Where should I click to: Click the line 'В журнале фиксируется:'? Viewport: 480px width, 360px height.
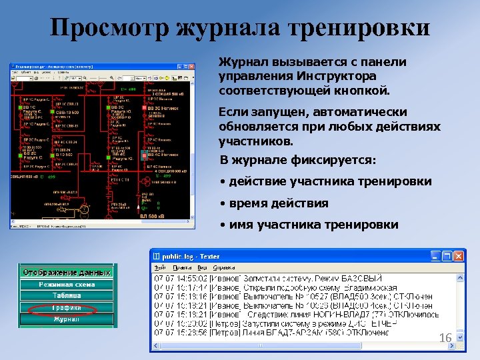pyautogui.click(x=298, y=161)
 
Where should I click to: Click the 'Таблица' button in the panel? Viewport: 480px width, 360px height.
pyautogui.click(x=67, y=296)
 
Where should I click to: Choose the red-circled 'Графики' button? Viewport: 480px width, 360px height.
pyautogui.click(x=67, y=307)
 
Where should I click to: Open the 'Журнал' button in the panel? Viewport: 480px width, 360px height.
pyautogui.click(x=67, y=319)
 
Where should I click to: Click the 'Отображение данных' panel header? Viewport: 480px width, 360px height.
pyautogui.click(x=67, y=273)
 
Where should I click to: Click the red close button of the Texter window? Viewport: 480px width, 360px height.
pyautogui.click(x=458, y=256)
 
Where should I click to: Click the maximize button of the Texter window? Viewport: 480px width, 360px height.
pyautogui.click(x=447, y=256)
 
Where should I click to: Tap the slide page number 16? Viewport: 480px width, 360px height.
pyautogui.click(x=445, y=339)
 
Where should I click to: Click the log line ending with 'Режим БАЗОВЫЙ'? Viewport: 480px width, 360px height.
pyautogui.click(x=267, y=278)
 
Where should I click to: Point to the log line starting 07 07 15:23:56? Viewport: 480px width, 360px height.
pyautogui.click(x=267, y=331)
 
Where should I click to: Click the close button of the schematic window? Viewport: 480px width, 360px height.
pyautogui.click(x=188, y=67)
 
